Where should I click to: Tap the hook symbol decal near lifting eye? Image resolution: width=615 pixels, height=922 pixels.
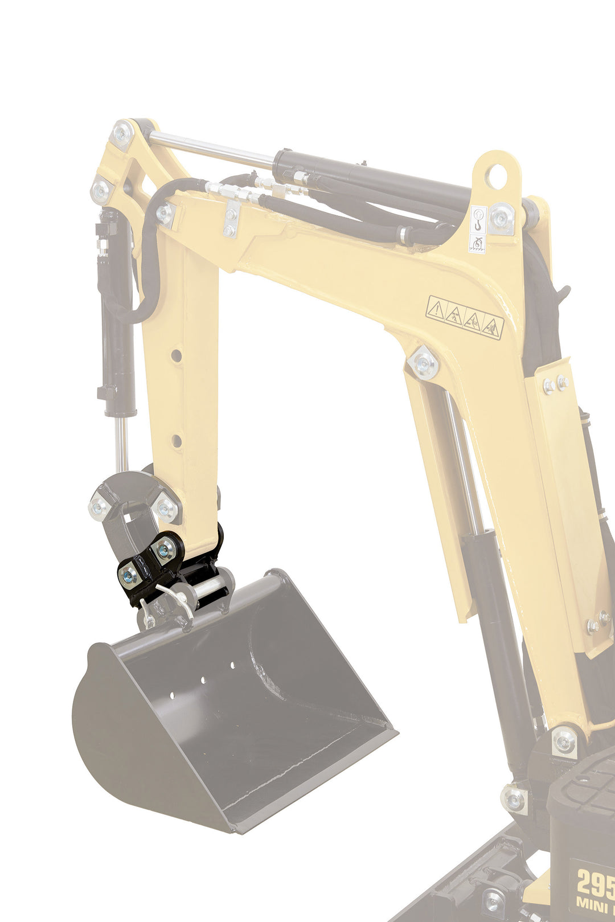point(478,219)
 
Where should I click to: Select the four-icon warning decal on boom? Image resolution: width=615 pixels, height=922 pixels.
point(465,317)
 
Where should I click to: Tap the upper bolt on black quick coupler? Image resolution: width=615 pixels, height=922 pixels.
point(166,550)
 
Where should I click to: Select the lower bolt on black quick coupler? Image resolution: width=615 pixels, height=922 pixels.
point(129,576)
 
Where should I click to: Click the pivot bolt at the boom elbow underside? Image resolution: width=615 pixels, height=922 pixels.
point(423,362)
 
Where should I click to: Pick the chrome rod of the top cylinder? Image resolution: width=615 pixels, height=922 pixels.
point(211,146)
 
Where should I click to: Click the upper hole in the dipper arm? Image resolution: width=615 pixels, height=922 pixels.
point(177,355)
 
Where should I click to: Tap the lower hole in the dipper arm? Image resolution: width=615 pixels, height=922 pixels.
point(177,440)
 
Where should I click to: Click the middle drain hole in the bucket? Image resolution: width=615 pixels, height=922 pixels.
point(203,680)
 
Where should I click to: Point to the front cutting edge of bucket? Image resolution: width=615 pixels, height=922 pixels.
point(313,780)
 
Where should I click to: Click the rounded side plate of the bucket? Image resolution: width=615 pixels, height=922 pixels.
point(131,740)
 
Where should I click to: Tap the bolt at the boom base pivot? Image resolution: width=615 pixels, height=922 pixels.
point(564,741)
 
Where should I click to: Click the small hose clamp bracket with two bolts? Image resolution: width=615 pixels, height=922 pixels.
point(231,219)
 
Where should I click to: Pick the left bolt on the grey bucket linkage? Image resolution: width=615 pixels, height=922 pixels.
point(100,506)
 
